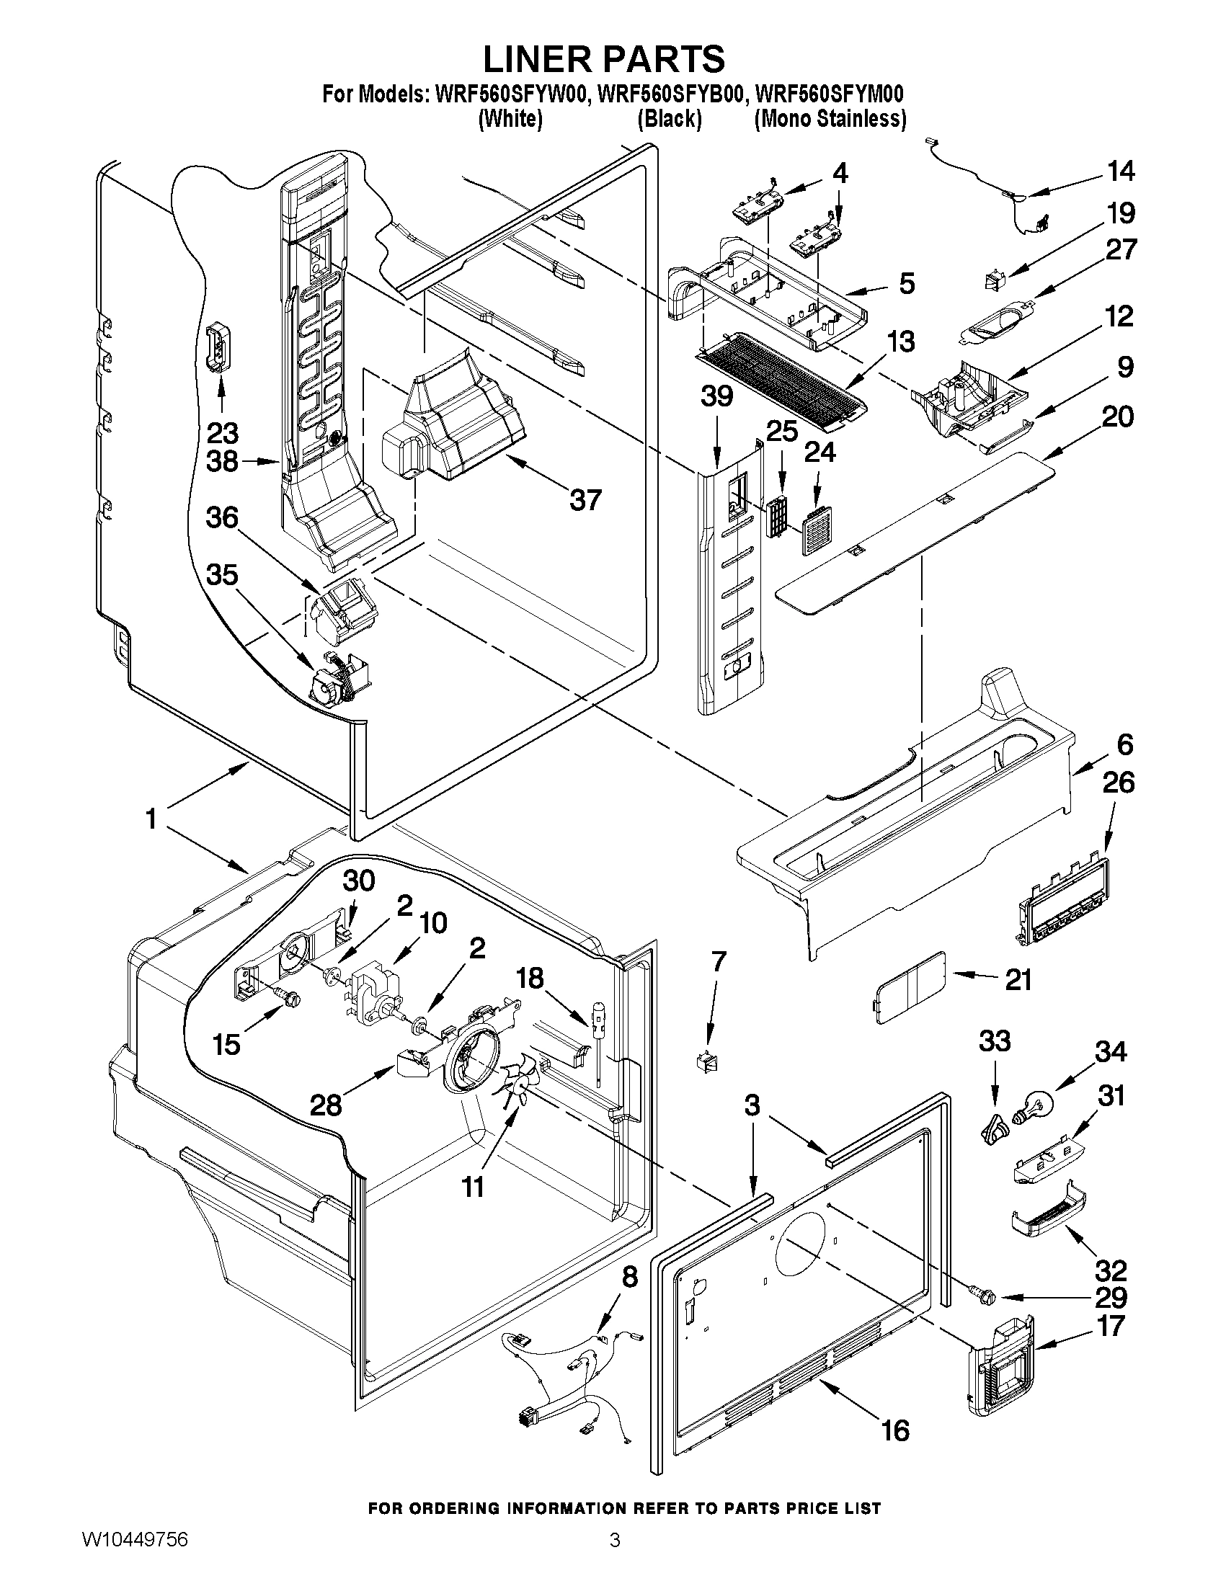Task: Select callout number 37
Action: (585, 499)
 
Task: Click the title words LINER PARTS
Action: (603, 59)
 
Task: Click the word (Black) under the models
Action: (669, 119)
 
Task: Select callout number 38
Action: (222, 460)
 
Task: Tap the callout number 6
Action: (1124, 744)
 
